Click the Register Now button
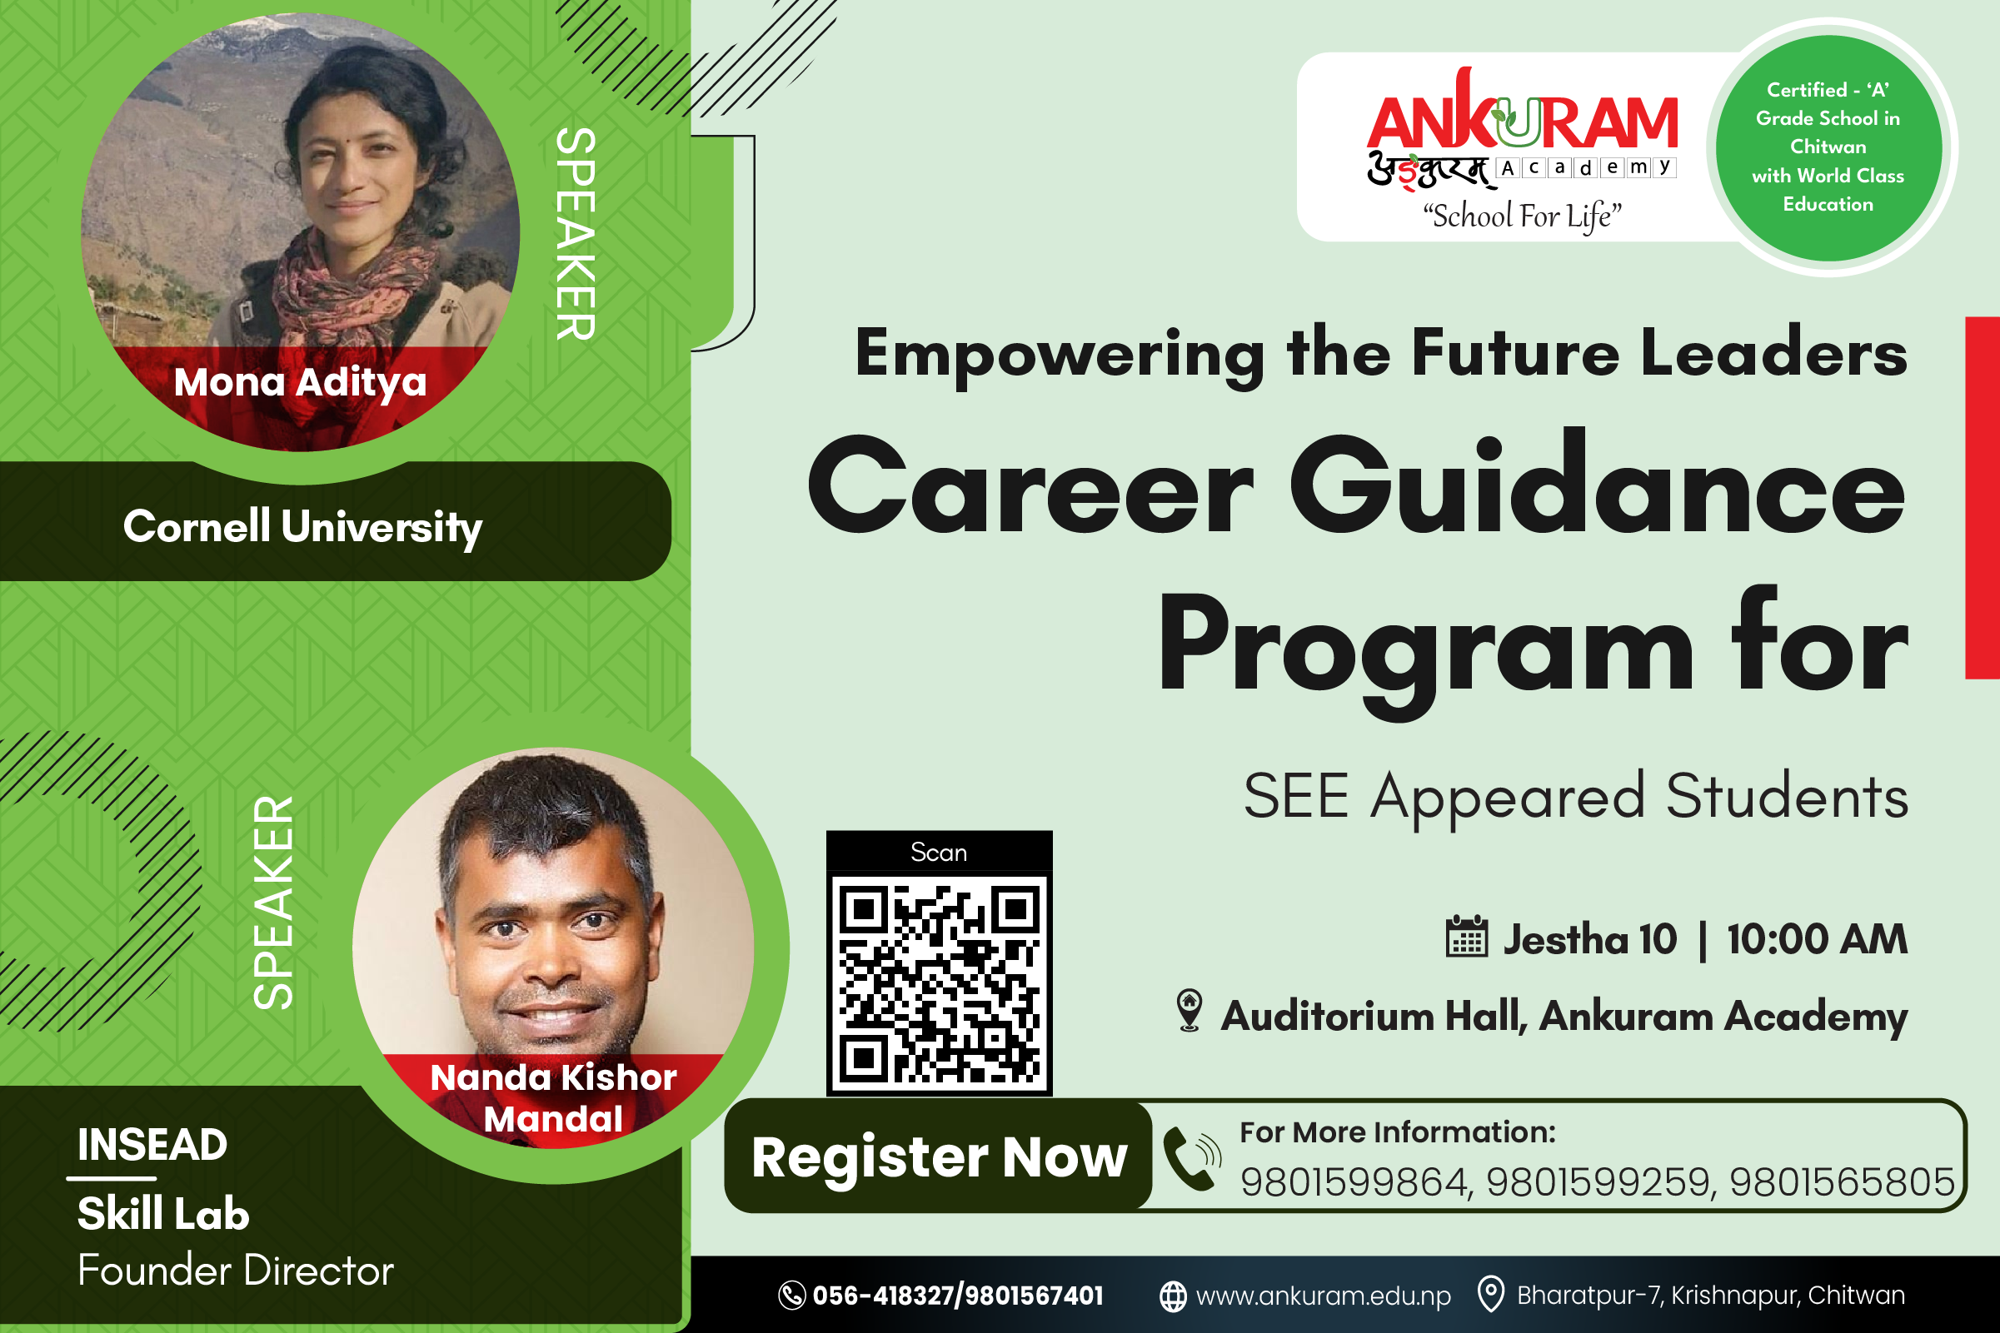coord(939,1156)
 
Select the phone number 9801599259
coord(1599,1181)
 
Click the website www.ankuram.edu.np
coord(1323,1296)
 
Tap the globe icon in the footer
coord(1174,1296)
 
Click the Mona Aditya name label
coord(300,382)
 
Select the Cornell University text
coord(302,527)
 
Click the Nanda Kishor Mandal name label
coord(554,1097)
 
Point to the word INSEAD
coord(153,1144)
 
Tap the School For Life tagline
coord(1523,216)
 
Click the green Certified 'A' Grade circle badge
coord(1828,147)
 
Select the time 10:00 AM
coord(1818,939)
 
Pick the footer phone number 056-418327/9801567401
coord(957,1296)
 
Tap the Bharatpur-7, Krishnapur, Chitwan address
coord(1711,1296)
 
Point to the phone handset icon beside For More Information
coord(1191,1159)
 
